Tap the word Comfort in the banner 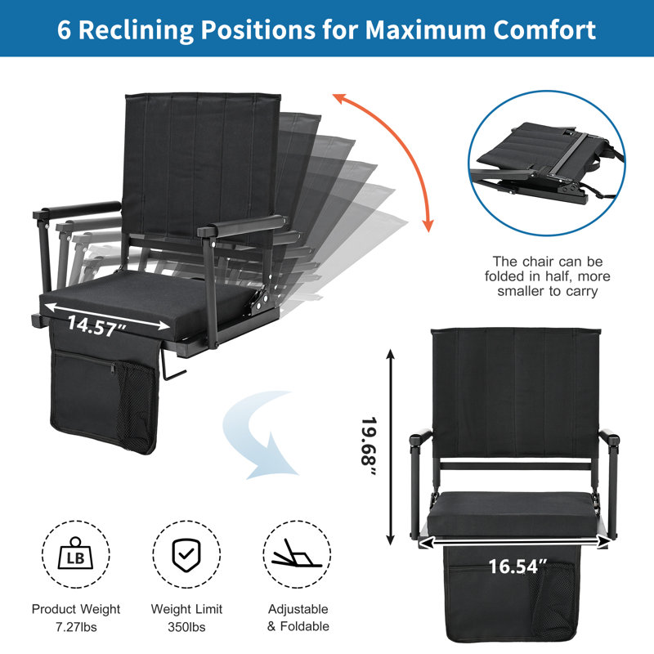544,30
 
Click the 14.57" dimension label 96,325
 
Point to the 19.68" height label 369,446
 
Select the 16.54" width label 517,567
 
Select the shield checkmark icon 186,554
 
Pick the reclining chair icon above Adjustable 297,554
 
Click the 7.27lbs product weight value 76,627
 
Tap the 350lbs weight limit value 186,627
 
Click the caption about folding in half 547,276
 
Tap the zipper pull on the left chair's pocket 113,368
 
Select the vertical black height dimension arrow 391,447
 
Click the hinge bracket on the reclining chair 259,299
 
